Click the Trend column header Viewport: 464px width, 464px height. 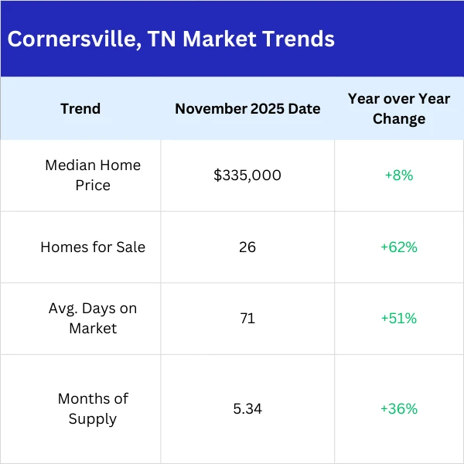pyautogui.click(x=80, y=108)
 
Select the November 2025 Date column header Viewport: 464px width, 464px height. pyautogui.click(x=247, y=108)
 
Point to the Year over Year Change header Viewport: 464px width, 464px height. pyautogui.click(x=399, y=108)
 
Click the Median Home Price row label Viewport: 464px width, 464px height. pyautogui.click(x=93, y=175)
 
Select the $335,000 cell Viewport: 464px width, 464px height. pyautogui.click(x=247, y=176)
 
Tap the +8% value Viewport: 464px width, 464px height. pyautogui.click(x=399, y=176)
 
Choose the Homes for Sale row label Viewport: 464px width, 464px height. pyautogui.click(x=93, y=247)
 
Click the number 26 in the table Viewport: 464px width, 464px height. pyautogui.click(x=247, y=247)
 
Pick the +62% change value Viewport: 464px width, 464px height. pyautogui.click(x=399, y=247)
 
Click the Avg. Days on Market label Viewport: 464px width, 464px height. pyautogui.click(x=93, y=318)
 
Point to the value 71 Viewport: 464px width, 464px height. pyautogui.click(x=247, y=318)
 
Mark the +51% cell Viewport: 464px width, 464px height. pyautogui.click(x=399, y=318)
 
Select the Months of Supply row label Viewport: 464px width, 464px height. pyautogui.click(x=93, y=408)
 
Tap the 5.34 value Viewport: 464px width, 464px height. pyautogui.click(x=247, y=408)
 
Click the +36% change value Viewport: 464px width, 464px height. pyautogui.click(x=399, y=408)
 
